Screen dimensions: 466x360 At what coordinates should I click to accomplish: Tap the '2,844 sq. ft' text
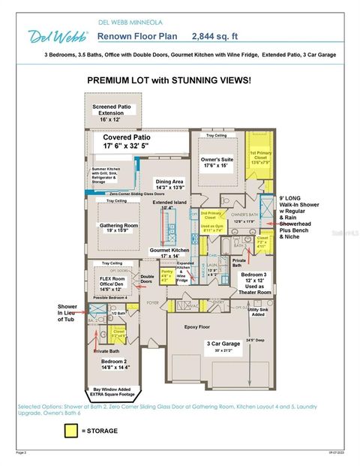click(217, 35)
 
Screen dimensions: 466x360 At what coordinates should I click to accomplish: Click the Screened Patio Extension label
click(112, 112)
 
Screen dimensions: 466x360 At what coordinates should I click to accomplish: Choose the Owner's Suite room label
click(218, 163)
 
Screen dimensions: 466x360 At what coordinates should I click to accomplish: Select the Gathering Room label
click(118, 227)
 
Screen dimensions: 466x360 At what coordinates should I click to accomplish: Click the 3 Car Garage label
click(225, 345)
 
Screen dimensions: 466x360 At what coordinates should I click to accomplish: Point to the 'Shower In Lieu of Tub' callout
click(68, 315)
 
